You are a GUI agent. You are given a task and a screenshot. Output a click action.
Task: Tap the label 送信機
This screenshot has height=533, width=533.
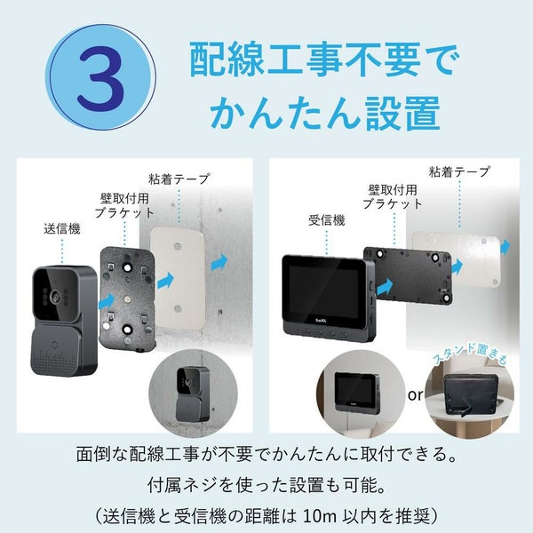62,229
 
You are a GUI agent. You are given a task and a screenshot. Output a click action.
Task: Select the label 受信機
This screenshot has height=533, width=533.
327,220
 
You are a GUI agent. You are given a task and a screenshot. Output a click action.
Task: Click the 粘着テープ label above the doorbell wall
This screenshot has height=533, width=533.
179,179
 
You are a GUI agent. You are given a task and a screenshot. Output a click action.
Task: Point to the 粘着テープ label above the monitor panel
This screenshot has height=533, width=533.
459,171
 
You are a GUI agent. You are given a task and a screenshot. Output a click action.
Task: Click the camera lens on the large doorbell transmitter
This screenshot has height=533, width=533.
54,297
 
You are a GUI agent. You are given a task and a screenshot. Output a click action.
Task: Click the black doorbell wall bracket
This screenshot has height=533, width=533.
127,298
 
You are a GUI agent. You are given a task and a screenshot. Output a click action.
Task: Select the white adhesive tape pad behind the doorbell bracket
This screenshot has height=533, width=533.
178,278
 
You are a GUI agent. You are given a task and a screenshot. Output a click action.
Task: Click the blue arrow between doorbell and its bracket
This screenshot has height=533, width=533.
107,301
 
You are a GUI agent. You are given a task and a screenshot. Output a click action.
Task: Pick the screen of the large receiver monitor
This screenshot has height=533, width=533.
322,290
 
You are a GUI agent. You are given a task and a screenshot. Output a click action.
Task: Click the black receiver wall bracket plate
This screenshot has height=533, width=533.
407,275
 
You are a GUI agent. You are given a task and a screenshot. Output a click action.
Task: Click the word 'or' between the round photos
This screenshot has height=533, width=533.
415,395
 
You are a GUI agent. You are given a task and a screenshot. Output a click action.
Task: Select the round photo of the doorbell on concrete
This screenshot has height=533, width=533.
193,394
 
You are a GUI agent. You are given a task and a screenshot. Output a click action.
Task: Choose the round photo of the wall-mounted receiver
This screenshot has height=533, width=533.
361,394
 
